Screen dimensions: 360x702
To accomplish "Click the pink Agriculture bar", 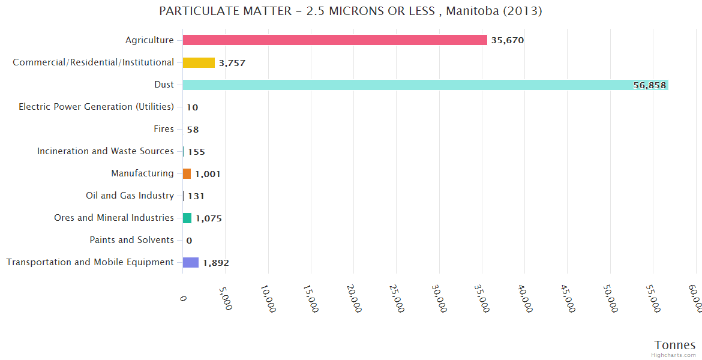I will pyautogui.click(x=335, y=40).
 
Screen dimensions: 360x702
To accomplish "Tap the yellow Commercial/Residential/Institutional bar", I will pyautogui.click(x=199, y=62).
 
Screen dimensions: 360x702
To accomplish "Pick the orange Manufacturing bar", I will pyautogui.click(x=187, y=173).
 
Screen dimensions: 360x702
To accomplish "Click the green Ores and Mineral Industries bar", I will pyautogui.click(x=187, y=218).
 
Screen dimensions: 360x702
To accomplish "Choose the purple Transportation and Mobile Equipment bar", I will pyautogui.click(x=191, y=262).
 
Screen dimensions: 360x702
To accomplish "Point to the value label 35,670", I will pyautogui.click(x=508, y=41).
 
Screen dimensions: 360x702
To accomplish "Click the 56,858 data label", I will pyautogui.click(x=649, y=85).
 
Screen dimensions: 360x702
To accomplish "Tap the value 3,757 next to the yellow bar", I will pyautogui.click(x=232, y=63).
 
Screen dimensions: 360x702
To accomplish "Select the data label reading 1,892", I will pyautogui.click(x=216, y=263).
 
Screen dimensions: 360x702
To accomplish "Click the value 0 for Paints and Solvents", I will pyautogui.click(x=189, y=241).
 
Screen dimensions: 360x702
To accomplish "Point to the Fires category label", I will pyautogui.click(x=164, y=129).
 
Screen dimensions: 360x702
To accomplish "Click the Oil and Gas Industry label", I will pyautogui.click(x=130, y=196).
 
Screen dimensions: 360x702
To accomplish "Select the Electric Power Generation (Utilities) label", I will pyautogui.click(x=96, y=107).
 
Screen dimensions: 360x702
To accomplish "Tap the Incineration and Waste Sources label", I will pyautogui.click(x=106, y=151).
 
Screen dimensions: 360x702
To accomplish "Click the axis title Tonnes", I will pyautogui.click(x=675, y=345).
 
